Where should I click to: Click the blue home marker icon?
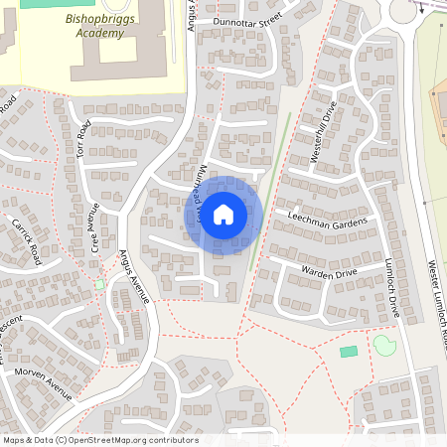[x=223, y=215]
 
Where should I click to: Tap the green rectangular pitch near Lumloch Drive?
[x=349, y=352]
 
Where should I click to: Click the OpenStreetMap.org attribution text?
[x=139, y=440]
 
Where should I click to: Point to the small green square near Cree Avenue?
[x=99, y=285]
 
